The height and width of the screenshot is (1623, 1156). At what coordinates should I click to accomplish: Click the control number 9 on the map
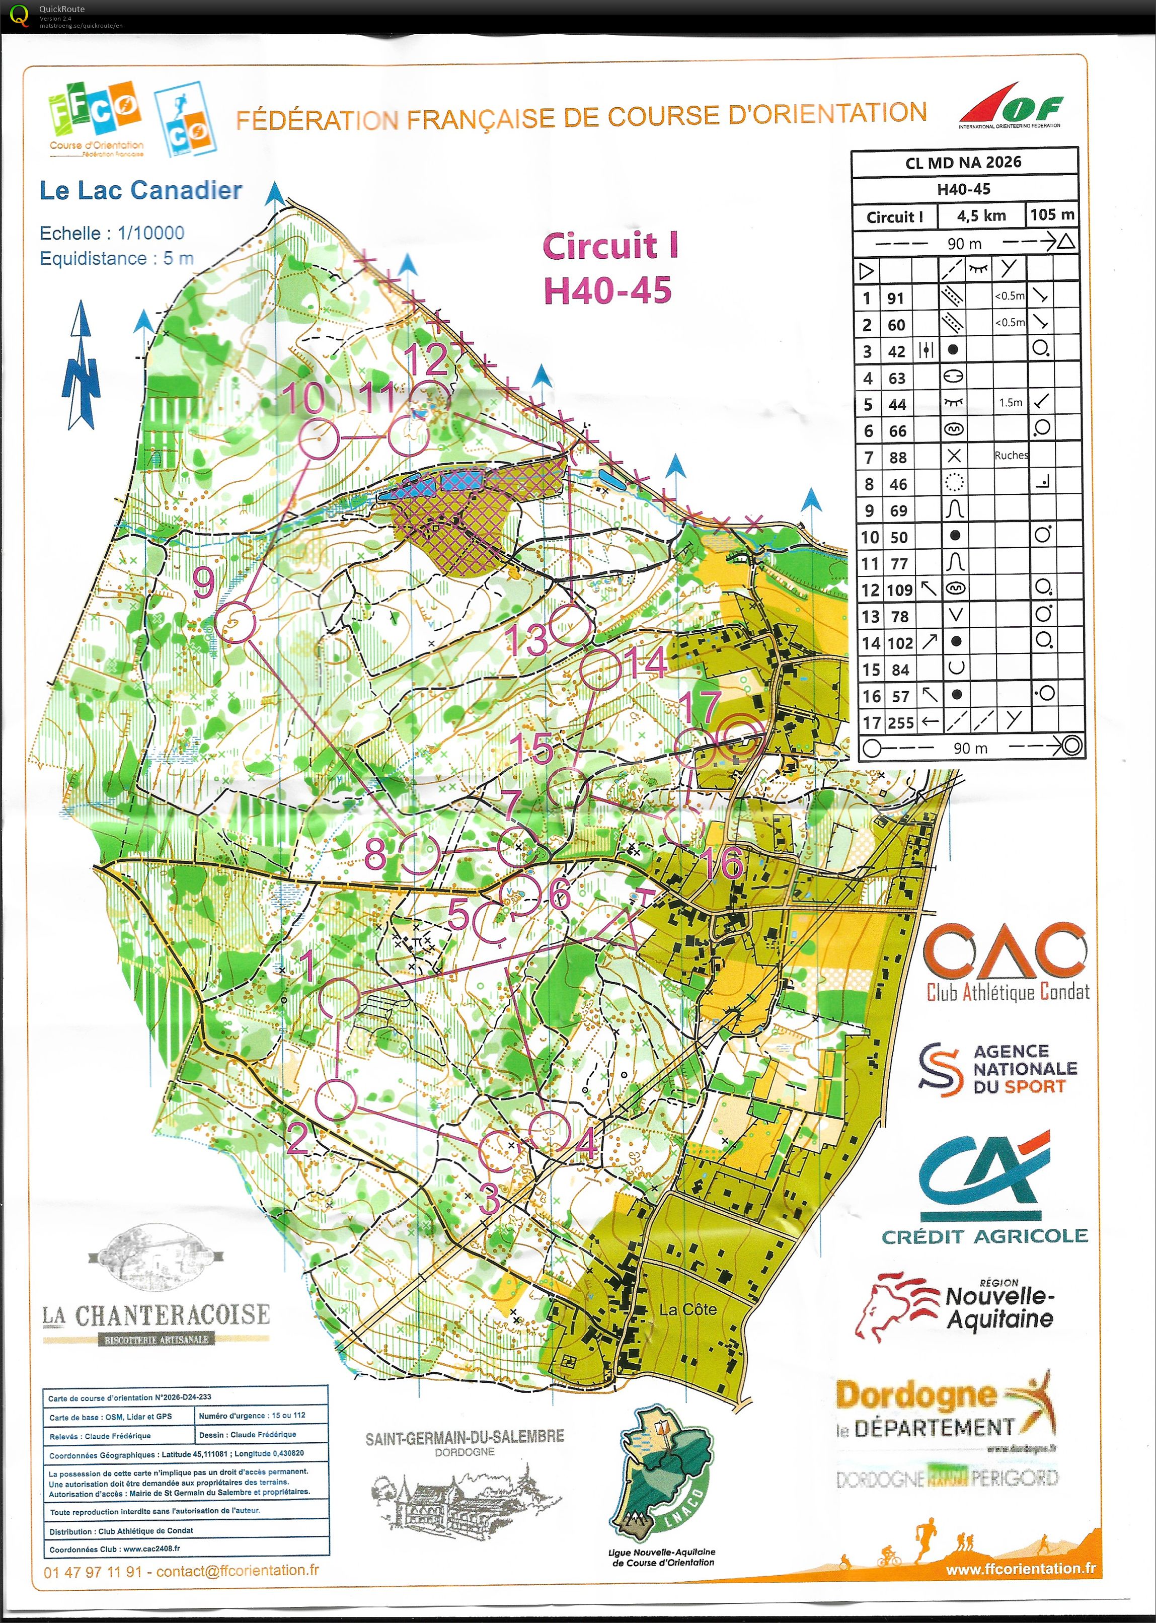204,582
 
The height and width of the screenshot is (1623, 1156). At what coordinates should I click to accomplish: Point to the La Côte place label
687,1309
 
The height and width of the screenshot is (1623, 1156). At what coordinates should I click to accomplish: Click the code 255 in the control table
900,722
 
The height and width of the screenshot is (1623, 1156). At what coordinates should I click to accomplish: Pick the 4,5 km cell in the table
981,215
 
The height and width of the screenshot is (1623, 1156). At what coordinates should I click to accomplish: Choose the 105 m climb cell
1051,214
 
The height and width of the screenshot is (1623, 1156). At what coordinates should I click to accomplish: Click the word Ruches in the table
1011,456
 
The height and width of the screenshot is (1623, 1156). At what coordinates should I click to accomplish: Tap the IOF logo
1010,107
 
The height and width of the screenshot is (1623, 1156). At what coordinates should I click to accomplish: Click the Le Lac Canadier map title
140,191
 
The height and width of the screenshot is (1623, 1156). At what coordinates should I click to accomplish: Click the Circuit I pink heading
610,246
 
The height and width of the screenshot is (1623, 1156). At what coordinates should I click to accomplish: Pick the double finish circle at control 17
740,740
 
